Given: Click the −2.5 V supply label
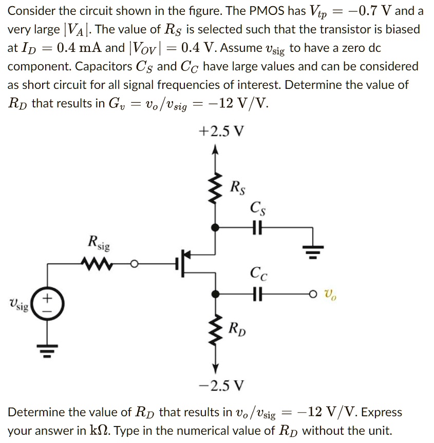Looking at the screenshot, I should [221, 384].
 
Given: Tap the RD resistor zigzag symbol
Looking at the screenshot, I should [216, 330].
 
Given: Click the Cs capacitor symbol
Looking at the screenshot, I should [255, 227].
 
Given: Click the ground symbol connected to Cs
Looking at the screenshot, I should [313, 251].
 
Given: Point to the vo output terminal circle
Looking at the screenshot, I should [313, 295].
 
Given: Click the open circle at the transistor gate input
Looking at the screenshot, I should [135, 264].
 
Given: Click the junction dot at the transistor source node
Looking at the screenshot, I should [216, 227].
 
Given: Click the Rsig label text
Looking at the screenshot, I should [99, 242].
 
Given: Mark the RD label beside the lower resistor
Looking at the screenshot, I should [237, 327].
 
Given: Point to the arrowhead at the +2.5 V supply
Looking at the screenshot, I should [216, 150].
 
